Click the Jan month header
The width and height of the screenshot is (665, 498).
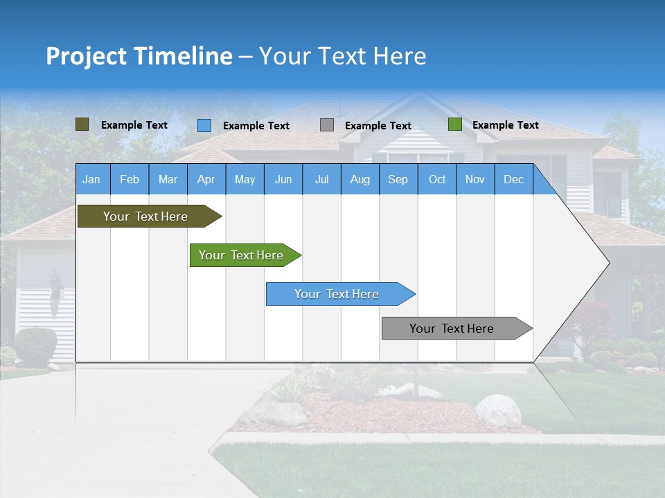pos(91,180)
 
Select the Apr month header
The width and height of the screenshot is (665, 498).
pos(206,180)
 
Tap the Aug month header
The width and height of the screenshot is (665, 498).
pos(360,180)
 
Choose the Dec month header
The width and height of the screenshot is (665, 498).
pos(513,180)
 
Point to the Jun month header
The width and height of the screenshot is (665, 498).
pos(283,180)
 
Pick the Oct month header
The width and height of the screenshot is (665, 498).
pos(436,180)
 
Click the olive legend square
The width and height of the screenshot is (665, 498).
pos(82,124)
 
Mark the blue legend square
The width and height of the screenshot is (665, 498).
pos(204,125)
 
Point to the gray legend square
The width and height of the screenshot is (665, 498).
pos(326,125)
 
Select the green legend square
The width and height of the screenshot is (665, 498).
pos(454,124)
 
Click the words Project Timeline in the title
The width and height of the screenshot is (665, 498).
pos(139,56)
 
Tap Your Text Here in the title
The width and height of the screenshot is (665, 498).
pos(342,56)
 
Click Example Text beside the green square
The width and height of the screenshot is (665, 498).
pos(505,125)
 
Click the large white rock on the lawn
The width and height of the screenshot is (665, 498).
pos(497,409)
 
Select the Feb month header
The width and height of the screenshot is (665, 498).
pos(129,180)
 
